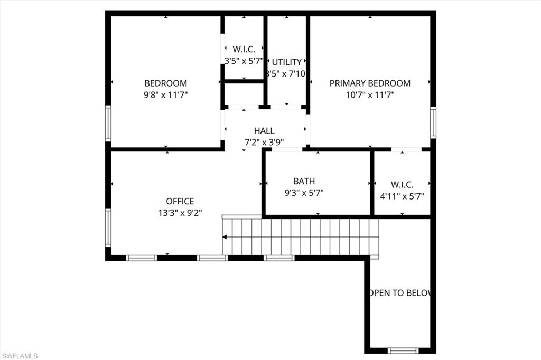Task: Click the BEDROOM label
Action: click(165, 83)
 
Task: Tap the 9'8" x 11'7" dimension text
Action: click(165, 95)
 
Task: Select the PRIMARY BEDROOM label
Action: click(370, 83)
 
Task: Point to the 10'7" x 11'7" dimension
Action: click(370, 95)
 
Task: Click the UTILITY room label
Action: click(286, 62)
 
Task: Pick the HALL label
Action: click(264, 131)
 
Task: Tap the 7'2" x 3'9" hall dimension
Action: click(264, 142)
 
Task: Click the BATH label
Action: click(304, 182)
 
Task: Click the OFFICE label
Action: click(180, 201)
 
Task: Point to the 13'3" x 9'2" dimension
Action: click(180, 213)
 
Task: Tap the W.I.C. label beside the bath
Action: click(402, 185)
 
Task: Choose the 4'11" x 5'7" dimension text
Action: click(402, 196)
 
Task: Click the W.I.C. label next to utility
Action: click(244, 49)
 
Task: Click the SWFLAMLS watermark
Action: click(20, 356)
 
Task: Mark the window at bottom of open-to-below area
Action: click(403, 350)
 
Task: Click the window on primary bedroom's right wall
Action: click(433, 122)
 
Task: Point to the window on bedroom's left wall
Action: click(108, 122)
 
